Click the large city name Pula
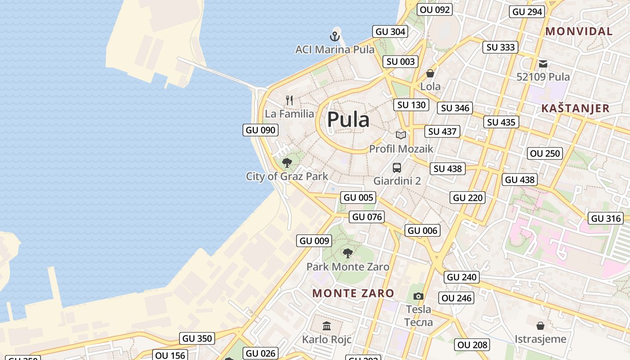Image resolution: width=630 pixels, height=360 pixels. point(348,120)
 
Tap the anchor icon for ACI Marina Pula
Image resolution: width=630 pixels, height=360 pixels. point(335,36)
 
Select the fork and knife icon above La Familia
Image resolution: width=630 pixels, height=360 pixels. point(289,100)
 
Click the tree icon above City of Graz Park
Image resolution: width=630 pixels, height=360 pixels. point(287,162)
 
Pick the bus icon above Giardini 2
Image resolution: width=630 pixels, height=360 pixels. point(396,168)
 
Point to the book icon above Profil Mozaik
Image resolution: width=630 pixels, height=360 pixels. point(400,135)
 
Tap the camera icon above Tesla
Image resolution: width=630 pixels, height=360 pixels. point(418,296)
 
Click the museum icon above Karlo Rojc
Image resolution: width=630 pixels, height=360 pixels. point(327,326)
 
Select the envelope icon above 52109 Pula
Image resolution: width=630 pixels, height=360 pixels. point(543,64)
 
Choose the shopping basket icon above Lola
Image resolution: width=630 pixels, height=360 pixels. point(430,73)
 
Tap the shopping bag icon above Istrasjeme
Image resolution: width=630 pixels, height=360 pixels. point(540,325)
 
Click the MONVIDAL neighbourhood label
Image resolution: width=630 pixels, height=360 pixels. point(579,31)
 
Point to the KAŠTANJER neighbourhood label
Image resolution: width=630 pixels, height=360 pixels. point(575,108)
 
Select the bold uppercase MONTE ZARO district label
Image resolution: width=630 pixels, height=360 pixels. point(353,293)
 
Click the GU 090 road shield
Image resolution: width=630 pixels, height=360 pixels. point(260,130)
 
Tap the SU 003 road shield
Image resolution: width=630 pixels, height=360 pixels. point(400,62)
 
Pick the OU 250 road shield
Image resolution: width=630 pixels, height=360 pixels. point(545,153)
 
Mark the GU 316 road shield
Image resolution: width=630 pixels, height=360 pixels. point(606,219)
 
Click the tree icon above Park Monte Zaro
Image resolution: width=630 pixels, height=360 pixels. point(347,253)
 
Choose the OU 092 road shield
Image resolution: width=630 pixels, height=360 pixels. point(434,9)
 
